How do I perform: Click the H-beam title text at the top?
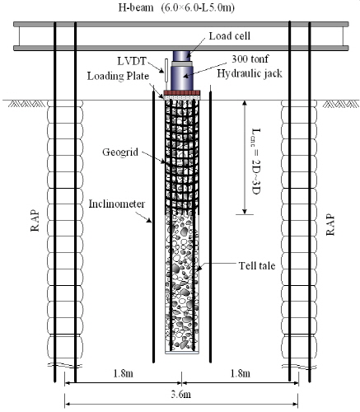176,7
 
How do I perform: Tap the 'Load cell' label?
230,36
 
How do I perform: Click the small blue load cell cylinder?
181,56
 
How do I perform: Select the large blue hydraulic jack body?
182,77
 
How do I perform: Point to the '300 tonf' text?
250,59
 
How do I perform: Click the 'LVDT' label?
132,61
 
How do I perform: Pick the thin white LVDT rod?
166,70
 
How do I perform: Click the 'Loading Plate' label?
118,76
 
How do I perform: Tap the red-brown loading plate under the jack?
182,93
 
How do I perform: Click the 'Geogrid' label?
120,152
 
